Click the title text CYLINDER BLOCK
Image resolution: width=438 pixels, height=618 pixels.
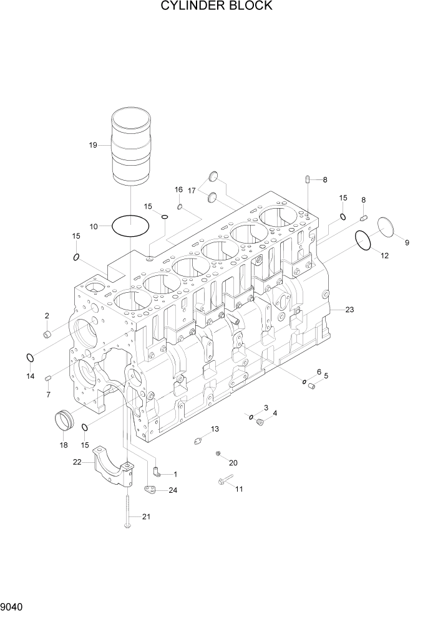coord(216,6)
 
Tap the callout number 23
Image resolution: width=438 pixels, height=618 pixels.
coord(349,310)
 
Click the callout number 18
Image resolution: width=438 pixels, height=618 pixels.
coord(63,445)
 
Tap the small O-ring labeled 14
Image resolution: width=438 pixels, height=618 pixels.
coord(29,358)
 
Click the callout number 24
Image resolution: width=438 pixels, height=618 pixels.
coord(173,490)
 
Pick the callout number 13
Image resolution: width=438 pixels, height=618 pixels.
coord(215,429)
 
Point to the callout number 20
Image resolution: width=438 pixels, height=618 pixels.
coord(233,463)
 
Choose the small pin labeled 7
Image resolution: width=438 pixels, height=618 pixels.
coord(48,378)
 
